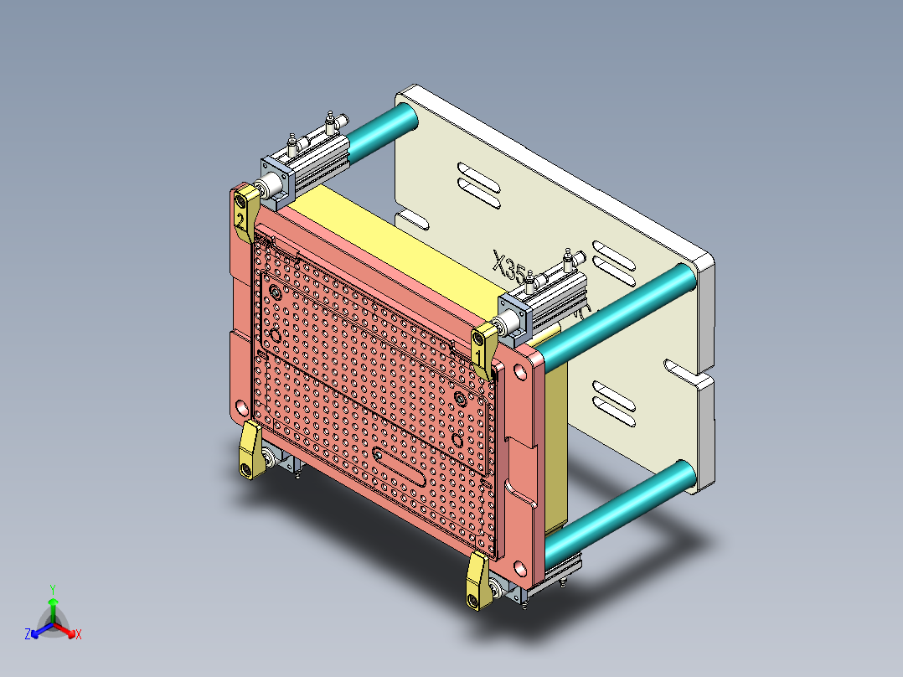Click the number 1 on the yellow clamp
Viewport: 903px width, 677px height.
coord(478,357)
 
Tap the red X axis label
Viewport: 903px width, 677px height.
coord(79,635)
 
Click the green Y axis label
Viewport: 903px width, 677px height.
coord(53,589)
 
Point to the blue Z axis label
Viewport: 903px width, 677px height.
coord(28,635)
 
